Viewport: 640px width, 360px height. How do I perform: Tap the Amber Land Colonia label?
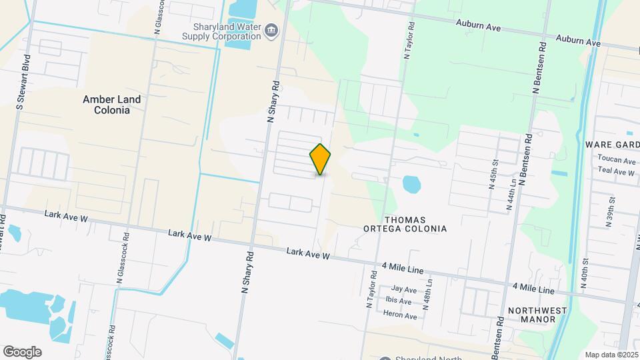point(111,105)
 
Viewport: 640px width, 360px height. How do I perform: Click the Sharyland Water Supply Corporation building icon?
point(271,29)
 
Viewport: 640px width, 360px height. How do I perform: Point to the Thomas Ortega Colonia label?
point(414,224)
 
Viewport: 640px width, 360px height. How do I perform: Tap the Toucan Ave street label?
point(617,160)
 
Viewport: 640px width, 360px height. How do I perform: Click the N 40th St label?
point(584,274)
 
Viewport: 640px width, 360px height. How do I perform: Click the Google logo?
point(22,352)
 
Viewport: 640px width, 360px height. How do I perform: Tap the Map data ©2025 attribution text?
point(611,355)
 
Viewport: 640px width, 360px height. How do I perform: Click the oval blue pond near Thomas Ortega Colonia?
point(411,183)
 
